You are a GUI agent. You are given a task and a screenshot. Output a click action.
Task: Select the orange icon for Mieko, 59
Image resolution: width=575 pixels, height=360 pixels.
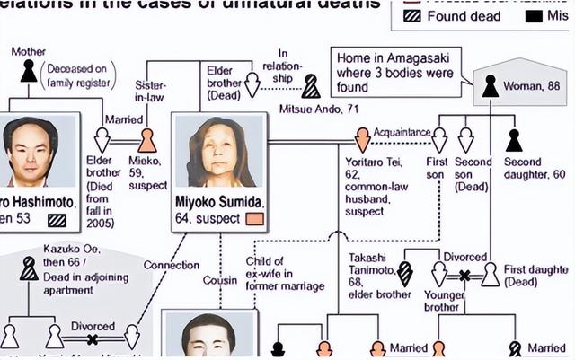click(x=147, y=140)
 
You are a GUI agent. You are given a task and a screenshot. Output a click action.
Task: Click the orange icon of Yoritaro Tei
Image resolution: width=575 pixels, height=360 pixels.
click(x=362, y=139)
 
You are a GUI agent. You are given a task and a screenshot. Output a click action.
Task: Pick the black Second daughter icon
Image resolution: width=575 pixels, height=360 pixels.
click(x=513, y=140)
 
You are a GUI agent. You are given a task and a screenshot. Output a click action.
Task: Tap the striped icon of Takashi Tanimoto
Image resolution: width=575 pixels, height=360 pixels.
click(x=405, y=273)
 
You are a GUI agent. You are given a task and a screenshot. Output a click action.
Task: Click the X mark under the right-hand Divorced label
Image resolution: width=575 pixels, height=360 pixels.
click(x=464, y=275)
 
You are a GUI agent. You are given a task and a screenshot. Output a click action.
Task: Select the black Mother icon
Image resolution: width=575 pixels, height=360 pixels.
click(x=30, y=71)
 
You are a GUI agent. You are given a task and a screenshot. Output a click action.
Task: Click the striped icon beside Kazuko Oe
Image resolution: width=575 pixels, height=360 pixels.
click(x=30, y=268)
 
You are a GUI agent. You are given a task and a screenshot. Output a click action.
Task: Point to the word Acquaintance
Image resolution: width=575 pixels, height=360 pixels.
click(x=402, y=132)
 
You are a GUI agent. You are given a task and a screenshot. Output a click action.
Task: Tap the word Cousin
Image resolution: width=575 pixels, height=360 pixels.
click(x=220, y=280)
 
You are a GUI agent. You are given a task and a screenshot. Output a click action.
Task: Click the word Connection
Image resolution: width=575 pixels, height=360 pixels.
click(x=172, y=265)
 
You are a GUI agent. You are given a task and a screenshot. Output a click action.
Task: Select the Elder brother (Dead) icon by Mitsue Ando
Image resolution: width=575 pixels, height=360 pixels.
click(x=252, y=85)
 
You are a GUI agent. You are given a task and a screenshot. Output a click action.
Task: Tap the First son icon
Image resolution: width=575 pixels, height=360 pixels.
click(x=438, y=140)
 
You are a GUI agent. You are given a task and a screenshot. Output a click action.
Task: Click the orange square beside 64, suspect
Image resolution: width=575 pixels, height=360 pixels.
click(x=254, y=218)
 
